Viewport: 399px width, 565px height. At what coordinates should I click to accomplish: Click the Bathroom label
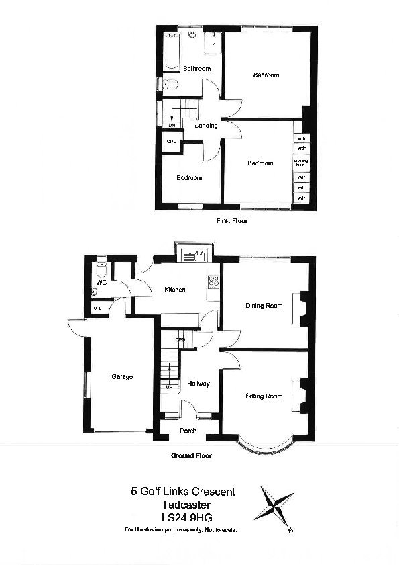click(x=197, y=69)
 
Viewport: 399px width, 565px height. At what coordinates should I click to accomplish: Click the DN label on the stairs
click(x=172, y=126)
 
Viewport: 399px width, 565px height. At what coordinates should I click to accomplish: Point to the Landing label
click(x=206, y=126)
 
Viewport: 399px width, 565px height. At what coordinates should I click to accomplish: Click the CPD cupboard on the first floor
click(x=171, y=142)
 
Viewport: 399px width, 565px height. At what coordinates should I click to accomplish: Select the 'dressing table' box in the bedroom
click(x=301, y=163)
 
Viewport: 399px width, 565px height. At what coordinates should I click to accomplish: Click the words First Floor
click(x=231, y=220)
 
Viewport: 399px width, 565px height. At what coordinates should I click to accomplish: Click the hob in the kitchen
click(x=215, y=283)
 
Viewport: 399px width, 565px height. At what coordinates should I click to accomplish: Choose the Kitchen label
click(x=175, y=290)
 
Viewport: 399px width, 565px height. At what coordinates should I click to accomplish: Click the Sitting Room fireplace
click(x=302, y=396)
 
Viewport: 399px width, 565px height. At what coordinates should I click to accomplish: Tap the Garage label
click(x=122, y=377)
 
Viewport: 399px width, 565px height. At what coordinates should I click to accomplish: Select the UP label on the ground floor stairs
click(x=170, y=388)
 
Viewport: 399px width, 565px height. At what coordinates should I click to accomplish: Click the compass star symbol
click(x=274, y=505)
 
